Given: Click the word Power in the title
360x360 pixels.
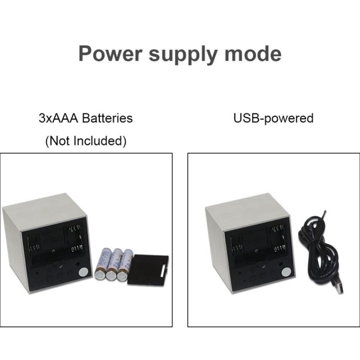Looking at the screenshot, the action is (110, 53).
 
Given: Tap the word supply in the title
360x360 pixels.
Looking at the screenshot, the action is (183, 55).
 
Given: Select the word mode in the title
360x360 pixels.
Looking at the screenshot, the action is (253, 53).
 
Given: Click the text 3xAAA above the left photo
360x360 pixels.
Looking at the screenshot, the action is (59, 118).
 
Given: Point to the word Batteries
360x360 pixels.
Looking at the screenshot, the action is (107, 118).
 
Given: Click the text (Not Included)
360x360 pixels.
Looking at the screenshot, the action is (86, 141).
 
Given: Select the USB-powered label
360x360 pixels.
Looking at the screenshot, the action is (273, 118).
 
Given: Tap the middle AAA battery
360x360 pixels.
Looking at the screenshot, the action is (113, 264).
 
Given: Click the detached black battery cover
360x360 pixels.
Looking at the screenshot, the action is (148, 270).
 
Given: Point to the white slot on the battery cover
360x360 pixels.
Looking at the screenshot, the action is (163, 271).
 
